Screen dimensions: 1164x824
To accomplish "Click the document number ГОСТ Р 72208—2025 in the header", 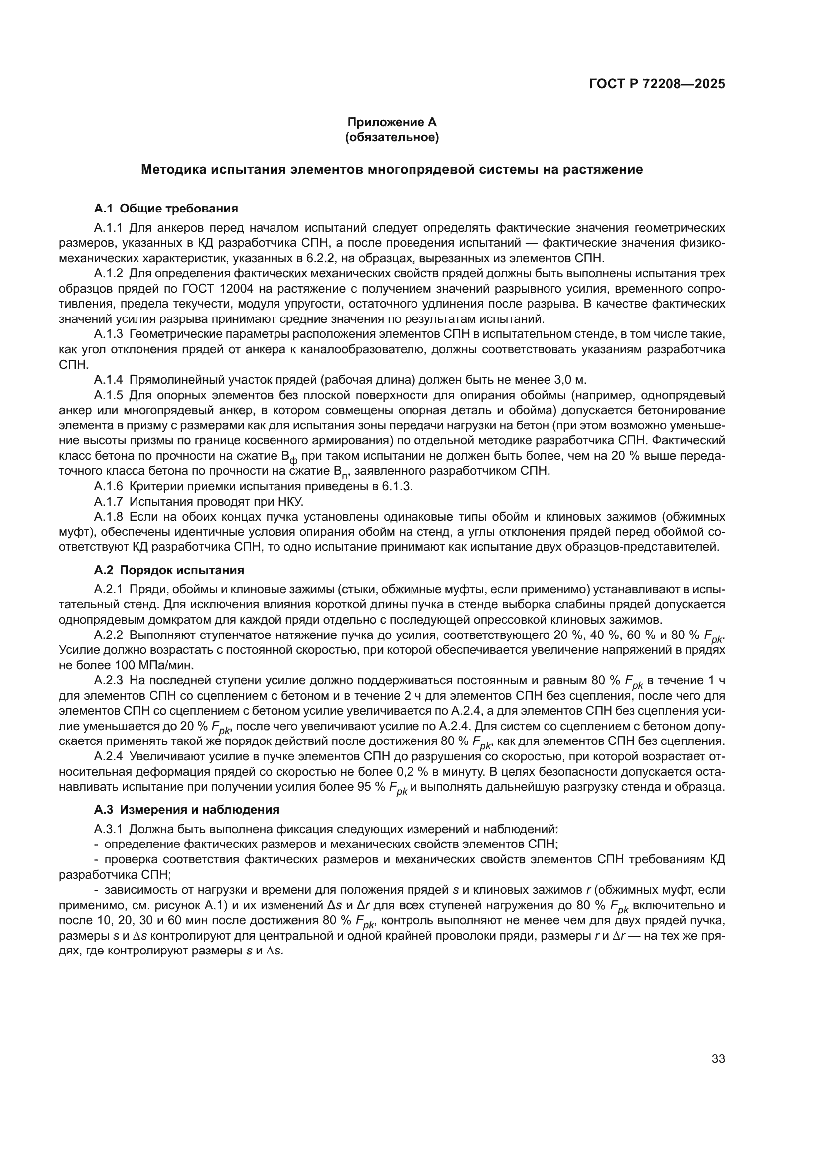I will (x=657, y=84).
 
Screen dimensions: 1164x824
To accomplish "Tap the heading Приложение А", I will (x=392, y=122).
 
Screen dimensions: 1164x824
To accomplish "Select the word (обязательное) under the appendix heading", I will (x=392, y=137).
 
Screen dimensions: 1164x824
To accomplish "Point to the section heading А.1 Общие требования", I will (x=166, y=209).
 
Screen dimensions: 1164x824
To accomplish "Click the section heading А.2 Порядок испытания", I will (x=168, y=570).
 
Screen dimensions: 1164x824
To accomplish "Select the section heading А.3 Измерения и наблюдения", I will (x=186, y=809).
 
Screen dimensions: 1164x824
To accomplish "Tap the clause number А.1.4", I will (x=108, y=380).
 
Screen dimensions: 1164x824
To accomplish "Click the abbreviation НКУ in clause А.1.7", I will (x=290, y=502).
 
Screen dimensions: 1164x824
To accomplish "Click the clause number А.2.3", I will (x=108, y=680).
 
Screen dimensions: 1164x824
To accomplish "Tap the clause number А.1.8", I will (x=108, y=517).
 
